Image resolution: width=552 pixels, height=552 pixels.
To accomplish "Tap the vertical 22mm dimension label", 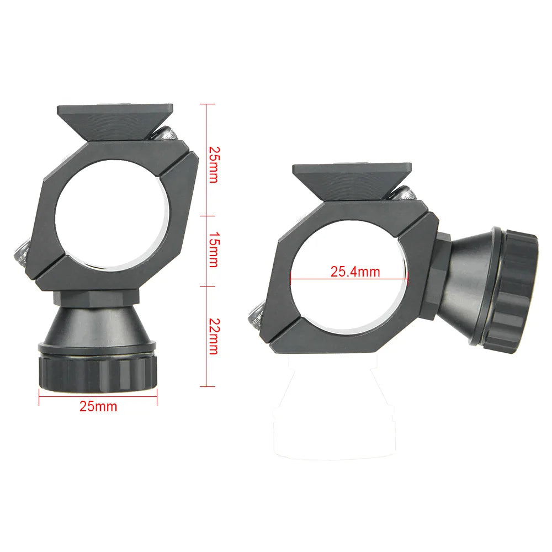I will click(x=213, y=337).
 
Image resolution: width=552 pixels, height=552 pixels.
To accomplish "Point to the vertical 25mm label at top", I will click(x=213, y=164).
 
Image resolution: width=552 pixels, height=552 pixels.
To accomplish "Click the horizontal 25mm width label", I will click(x=98, y=407).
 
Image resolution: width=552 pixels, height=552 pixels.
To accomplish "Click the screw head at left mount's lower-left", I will click(x=21, y=253).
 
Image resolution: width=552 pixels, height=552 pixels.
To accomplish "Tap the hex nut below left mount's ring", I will click(x=97, y=298).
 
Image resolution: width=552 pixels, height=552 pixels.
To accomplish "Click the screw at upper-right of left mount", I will click(x=166, y=133).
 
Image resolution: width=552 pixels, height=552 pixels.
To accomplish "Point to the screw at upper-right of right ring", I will click(x=403, y=194).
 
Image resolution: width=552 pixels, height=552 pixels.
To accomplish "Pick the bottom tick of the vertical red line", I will click(x=207, y=386).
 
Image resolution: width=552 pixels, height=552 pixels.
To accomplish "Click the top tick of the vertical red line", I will click(x=207, y=104).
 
